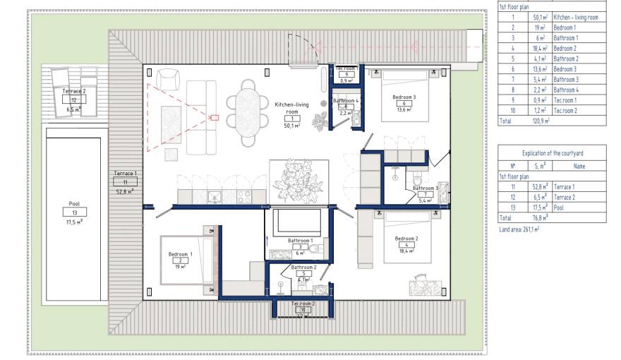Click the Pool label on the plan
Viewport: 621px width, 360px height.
click(74, 204)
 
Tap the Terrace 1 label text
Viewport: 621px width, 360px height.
click(125, 173)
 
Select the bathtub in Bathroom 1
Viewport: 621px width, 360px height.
click(298, 223)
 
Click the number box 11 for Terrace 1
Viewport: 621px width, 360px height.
click(125, 181)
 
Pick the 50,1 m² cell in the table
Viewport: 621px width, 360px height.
click(540, 16)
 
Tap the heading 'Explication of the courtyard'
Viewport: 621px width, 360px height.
click(552, 152)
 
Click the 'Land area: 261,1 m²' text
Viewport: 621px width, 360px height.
click(519, 229)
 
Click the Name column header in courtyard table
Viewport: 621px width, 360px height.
click(579, 166)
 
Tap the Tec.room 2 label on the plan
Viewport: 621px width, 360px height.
click(302, 303)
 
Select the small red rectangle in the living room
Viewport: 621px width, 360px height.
click(215, 117)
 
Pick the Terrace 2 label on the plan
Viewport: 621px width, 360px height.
click(74, 92)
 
